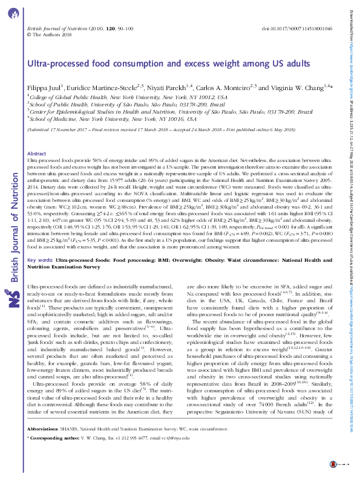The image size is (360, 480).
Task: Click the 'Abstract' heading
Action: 38,154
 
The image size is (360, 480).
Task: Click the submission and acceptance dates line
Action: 152,129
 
